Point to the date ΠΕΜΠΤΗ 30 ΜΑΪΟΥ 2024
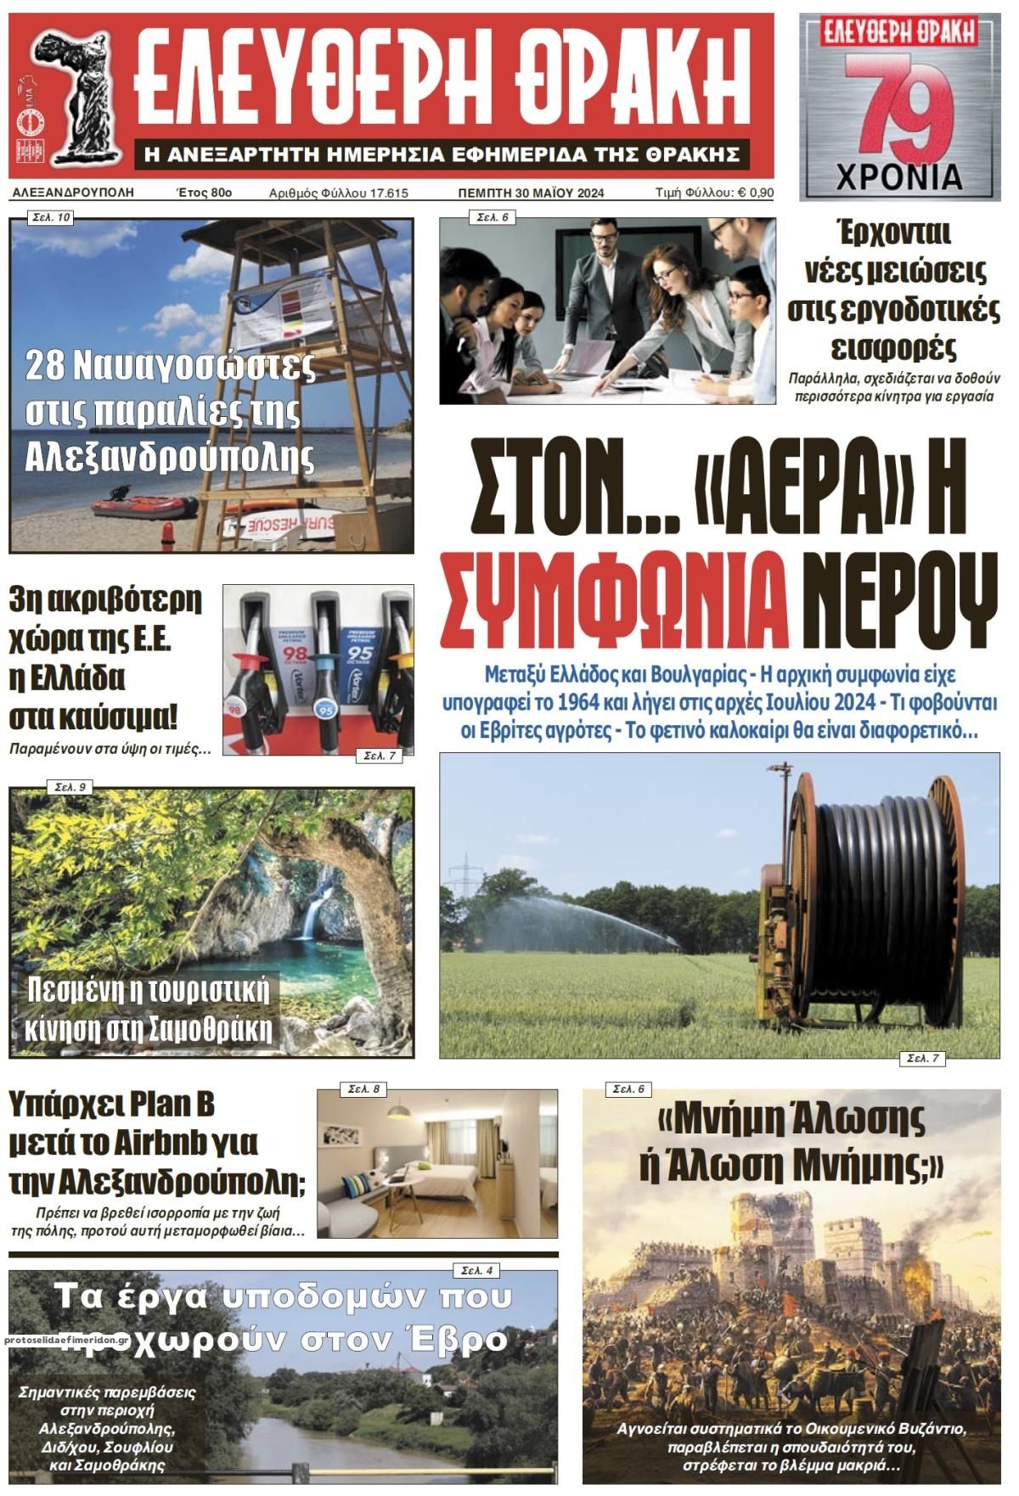pyautogui.click(x=531, y=193)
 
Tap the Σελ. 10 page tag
pyautogui.click(x=51, y=218)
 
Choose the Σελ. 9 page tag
pyautogui.click(x=70, y=787)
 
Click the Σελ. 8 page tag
pyautogui.click(x=363, y=1088)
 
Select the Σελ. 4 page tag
pyautogui.click(x=478, y=1270)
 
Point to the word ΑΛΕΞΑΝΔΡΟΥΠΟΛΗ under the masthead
pyautogui.click(x=74, y=193)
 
